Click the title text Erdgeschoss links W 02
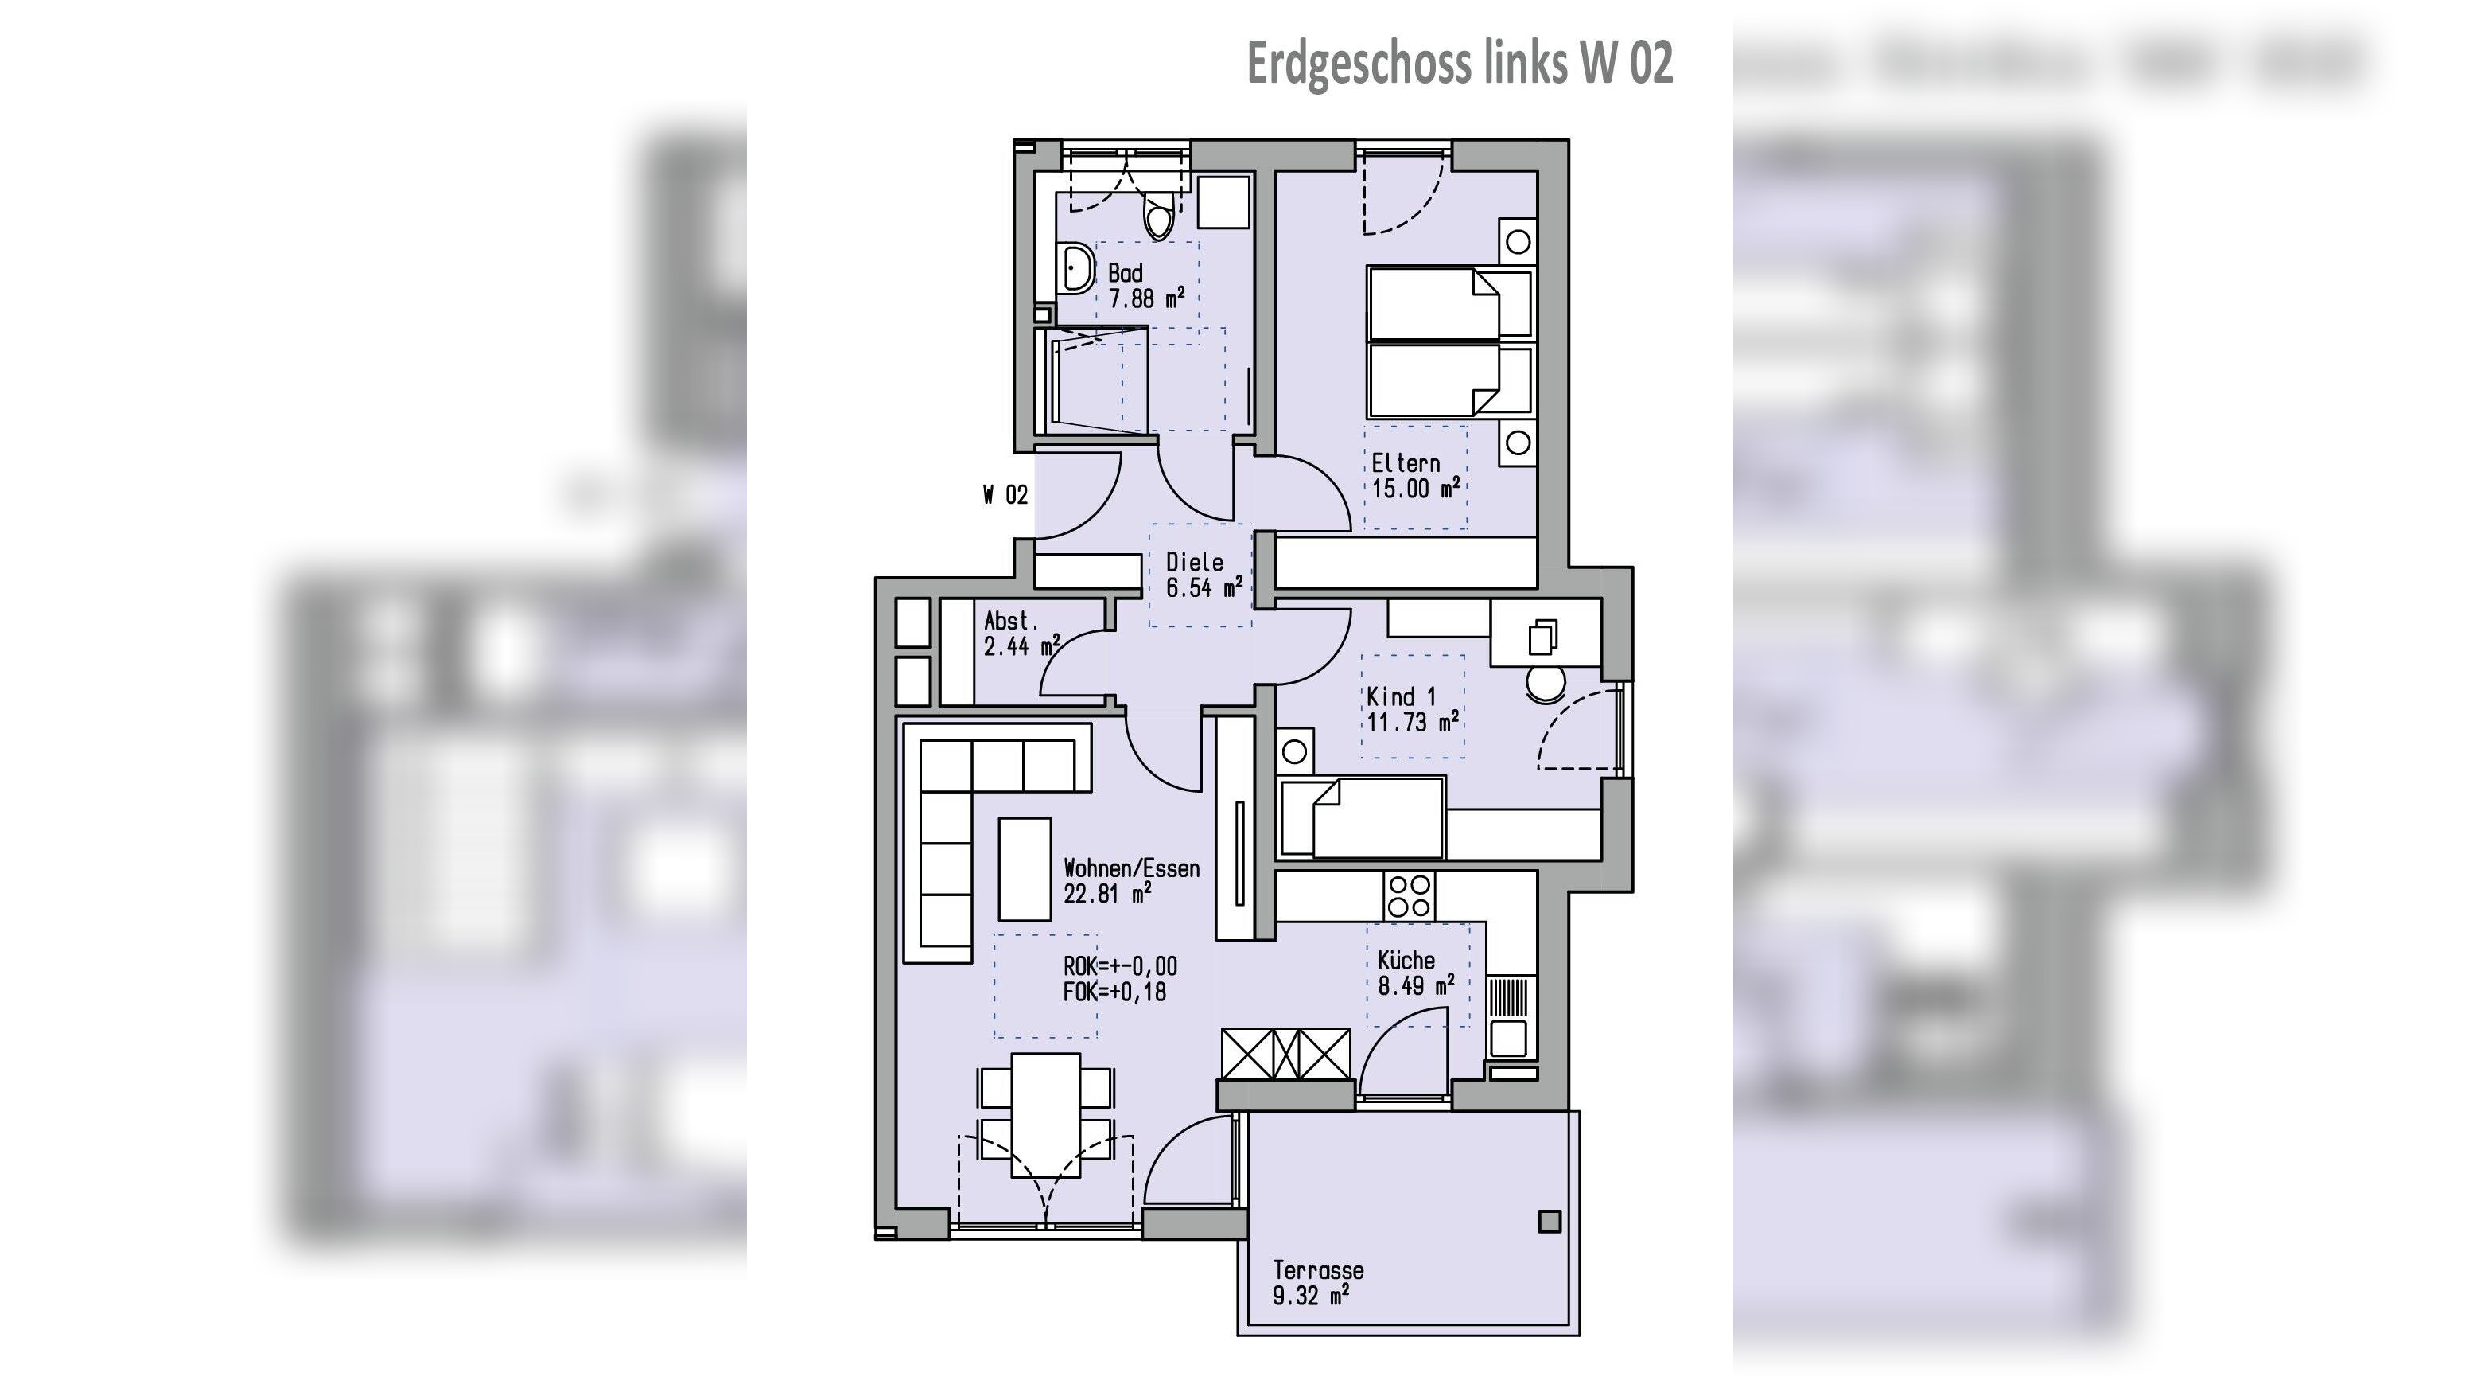[x=1459, y=64]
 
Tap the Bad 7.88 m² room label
[x=1144, y=287]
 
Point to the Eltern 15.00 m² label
[x=1414, y=476]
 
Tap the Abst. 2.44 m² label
[x=1020, y=634]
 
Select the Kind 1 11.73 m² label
[x=1411, y=709]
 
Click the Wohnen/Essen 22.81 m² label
[x=1130, y=880]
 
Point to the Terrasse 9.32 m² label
[x=1316, y=1282]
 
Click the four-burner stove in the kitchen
[x=1409, y=896]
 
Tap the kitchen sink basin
[x=1508, y=1039]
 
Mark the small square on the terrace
[x=1549, y=1222]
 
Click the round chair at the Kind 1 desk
[x=1545, y=684]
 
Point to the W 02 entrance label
[x=1005, y=495]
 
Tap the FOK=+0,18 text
[x=1114, y=992]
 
